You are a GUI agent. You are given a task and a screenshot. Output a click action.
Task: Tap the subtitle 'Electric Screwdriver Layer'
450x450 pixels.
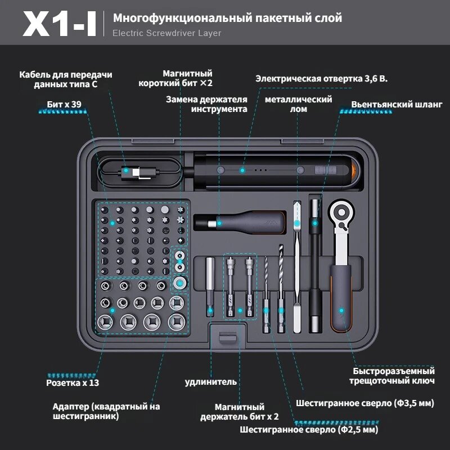click(166, 33)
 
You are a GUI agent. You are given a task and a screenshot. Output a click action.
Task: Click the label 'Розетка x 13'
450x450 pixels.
click(72, 382)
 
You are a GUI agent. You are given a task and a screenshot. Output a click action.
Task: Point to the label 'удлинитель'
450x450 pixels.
click(211, 382)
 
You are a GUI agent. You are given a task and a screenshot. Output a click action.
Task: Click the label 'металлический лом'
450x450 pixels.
click(298, 104)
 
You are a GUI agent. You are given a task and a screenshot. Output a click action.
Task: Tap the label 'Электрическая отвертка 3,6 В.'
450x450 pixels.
click(322, 79)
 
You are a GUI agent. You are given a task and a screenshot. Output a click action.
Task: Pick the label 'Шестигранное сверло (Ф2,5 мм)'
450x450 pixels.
click(309, 430)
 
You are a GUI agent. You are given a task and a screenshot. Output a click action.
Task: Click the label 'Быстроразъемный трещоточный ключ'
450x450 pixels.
click(394, 376)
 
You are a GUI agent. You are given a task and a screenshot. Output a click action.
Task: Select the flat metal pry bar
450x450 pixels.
click(298, 264)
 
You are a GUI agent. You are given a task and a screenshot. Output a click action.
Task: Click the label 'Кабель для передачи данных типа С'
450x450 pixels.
click(65, 79)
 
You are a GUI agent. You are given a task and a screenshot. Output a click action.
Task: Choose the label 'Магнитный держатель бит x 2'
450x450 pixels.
click(240, 412)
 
